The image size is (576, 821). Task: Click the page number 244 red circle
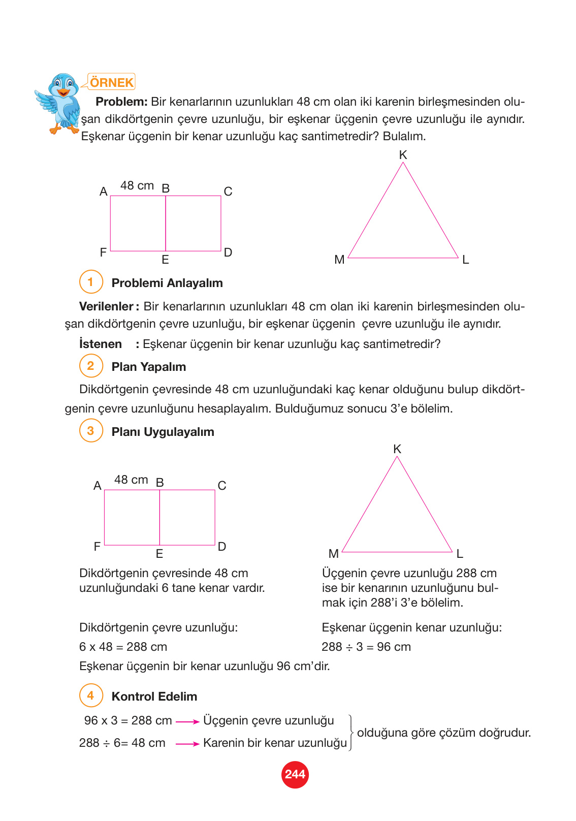coord(295,774)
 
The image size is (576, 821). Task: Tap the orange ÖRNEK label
coord(111,82)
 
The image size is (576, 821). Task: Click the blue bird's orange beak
coord(63,93)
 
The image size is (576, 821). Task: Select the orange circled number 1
coord(91,282)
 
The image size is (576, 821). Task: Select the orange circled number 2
coord(91,366)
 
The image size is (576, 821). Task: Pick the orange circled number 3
coord(91,431)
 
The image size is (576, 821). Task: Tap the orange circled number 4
coord(91,696)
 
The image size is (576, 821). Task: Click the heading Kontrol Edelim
coord(154,697)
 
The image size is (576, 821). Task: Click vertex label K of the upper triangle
coord(403,155)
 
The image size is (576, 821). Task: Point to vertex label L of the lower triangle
coord(460,554)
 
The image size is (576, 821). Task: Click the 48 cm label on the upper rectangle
coord(137,186)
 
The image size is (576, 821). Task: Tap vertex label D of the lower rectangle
coord(222,547)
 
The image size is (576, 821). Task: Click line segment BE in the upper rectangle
coord(166,224)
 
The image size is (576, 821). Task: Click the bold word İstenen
coord(101,344)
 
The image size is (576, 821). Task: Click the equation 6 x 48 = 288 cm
coord(123,647)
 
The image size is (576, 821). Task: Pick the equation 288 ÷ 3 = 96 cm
coord(366,647)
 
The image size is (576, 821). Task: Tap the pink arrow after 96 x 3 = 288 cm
coord(187,721)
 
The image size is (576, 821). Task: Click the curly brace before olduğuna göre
coord(351,732)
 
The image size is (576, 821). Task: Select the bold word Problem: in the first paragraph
coord(121,102)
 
